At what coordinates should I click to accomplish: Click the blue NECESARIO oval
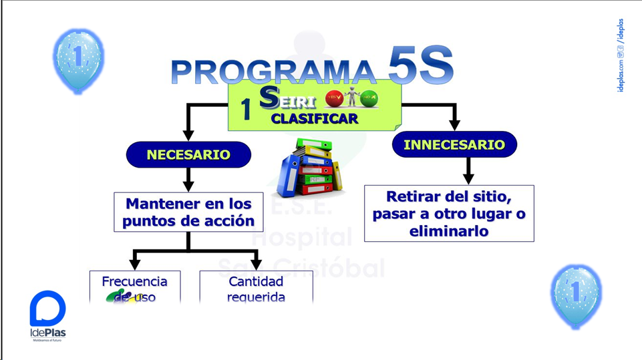click(x=188, y=155)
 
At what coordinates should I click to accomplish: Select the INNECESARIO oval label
click(x=454, y=144)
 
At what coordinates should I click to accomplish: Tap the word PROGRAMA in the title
click(x=273, y=72)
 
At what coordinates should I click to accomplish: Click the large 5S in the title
click(x=420, y=66)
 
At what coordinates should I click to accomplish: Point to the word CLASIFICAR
click(x=314, y=119)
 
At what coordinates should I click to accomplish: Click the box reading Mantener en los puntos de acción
click(x=189, y=212)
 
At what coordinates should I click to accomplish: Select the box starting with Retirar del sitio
click(x=449, y=214)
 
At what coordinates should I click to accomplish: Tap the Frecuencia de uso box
click(x=134, y=288)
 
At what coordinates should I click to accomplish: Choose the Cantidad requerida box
click(x=256, y=288)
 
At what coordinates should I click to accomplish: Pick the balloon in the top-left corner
click(x=77, y=59)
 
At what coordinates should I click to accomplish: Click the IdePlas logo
click(x=48, y=315)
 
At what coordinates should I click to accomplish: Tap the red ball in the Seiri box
click(x=334, y=100)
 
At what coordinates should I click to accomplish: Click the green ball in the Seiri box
click(x=369, y=100)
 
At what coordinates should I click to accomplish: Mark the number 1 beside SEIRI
click(x=246, y=110)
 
